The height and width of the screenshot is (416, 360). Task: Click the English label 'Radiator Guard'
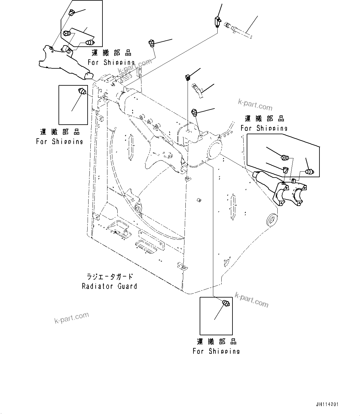tap(109, 286)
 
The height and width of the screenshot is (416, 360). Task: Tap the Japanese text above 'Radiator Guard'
tap(109, 276)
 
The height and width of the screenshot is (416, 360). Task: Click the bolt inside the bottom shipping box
tap(226, 303)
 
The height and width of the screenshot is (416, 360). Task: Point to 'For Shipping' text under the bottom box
tap(216, 351)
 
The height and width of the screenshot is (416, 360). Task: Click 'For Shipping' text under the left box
tap(59, 142)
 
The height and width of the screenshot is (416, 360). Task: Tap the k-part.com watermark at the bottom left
tap(72, 318)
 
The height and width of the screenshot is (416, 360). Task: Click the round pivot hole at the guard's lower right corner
tap(271, 220)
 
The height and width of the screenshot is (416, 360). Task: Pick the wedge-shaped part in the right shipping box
tap(285, 170)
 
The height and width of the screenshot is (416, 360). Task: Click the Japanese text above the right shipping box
tap(264, 119)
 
